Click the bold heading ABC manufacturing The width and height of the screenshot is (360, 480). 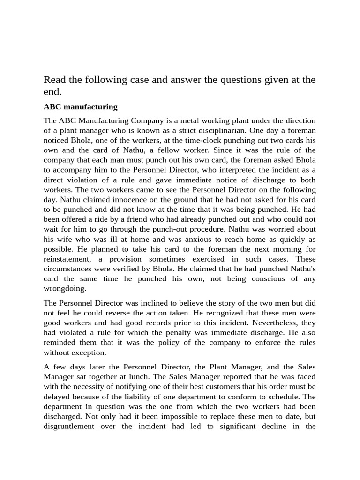point(80,107)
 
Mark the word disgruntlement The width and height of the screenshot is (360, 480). point(68,427)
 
